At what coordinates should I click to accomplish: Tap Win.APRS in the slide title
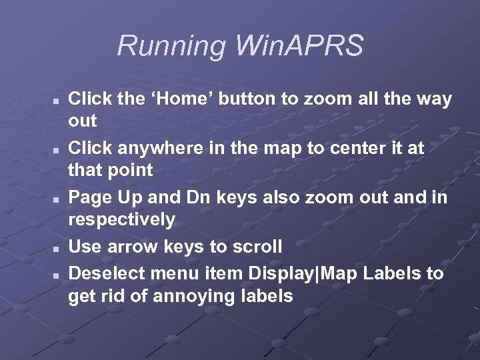tap(300, 47)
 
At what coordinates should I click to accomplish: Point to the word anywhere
tap(161, 148)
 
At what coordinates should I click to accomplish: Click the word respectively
tap(121, 219)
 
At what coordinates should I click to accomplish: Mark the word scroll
tap(257, 247)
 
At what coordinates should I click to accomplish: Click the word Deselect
tap(107, 274)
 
